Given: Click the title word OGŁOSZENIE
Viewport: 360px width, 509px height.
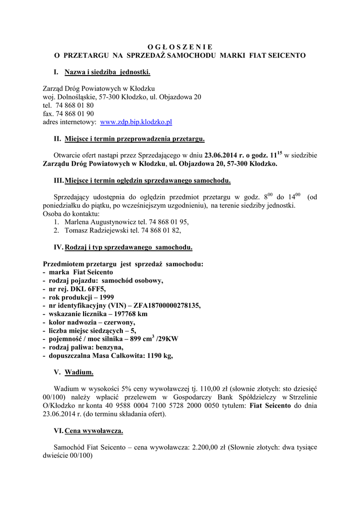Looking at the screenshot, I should (180, 47).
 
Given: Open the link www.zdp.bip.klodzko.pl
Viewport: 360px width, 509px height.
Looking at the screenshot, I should (136, 122).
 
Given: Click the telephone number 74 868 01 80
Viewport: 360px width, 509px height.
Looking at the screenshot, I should (75, 105).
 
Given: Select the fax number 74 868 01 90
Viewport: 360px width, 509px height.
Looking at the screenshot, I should (75, 114).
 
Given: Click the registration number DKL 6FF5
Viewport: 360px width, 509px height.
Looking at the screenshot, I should (88, 289).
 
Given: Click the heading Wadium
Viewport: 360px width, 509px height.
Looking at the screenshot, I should (79, 372).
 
